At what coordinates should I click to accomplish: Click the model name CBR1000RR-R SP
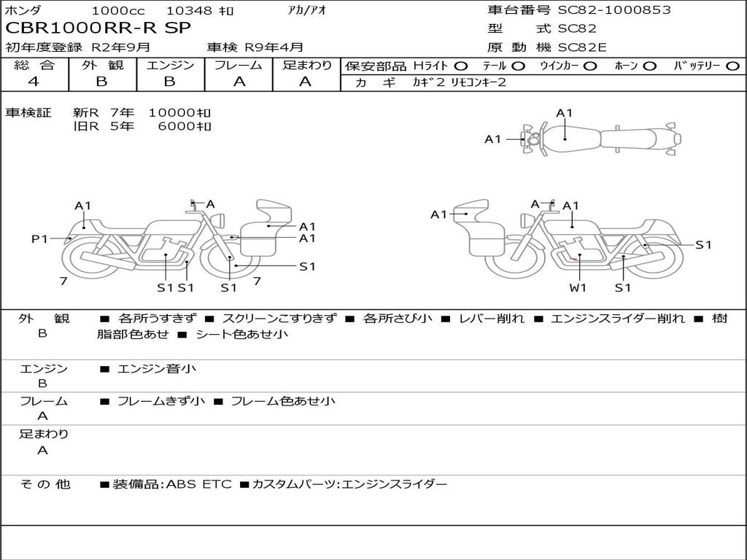[x=98, y=28]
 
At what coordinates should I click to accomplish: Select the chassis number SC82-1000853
[x=614, y=9]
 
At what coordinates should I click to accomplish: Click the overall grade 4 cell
[x=34, y=82]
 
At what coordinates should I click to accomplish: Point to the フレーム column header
[x=239, y=65]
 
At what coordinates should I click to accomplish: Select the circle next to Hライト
[x=461, y=66]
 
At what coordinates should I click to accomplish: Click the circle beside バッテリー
[x=732, y=66]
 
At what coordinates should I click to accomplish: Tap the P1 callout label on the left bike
[x=39, y=238]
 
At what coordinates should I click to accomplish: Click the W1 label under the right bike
[x=578, y=287]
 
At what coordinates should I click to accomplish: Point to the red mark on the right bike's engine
[x=573, y=259]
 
